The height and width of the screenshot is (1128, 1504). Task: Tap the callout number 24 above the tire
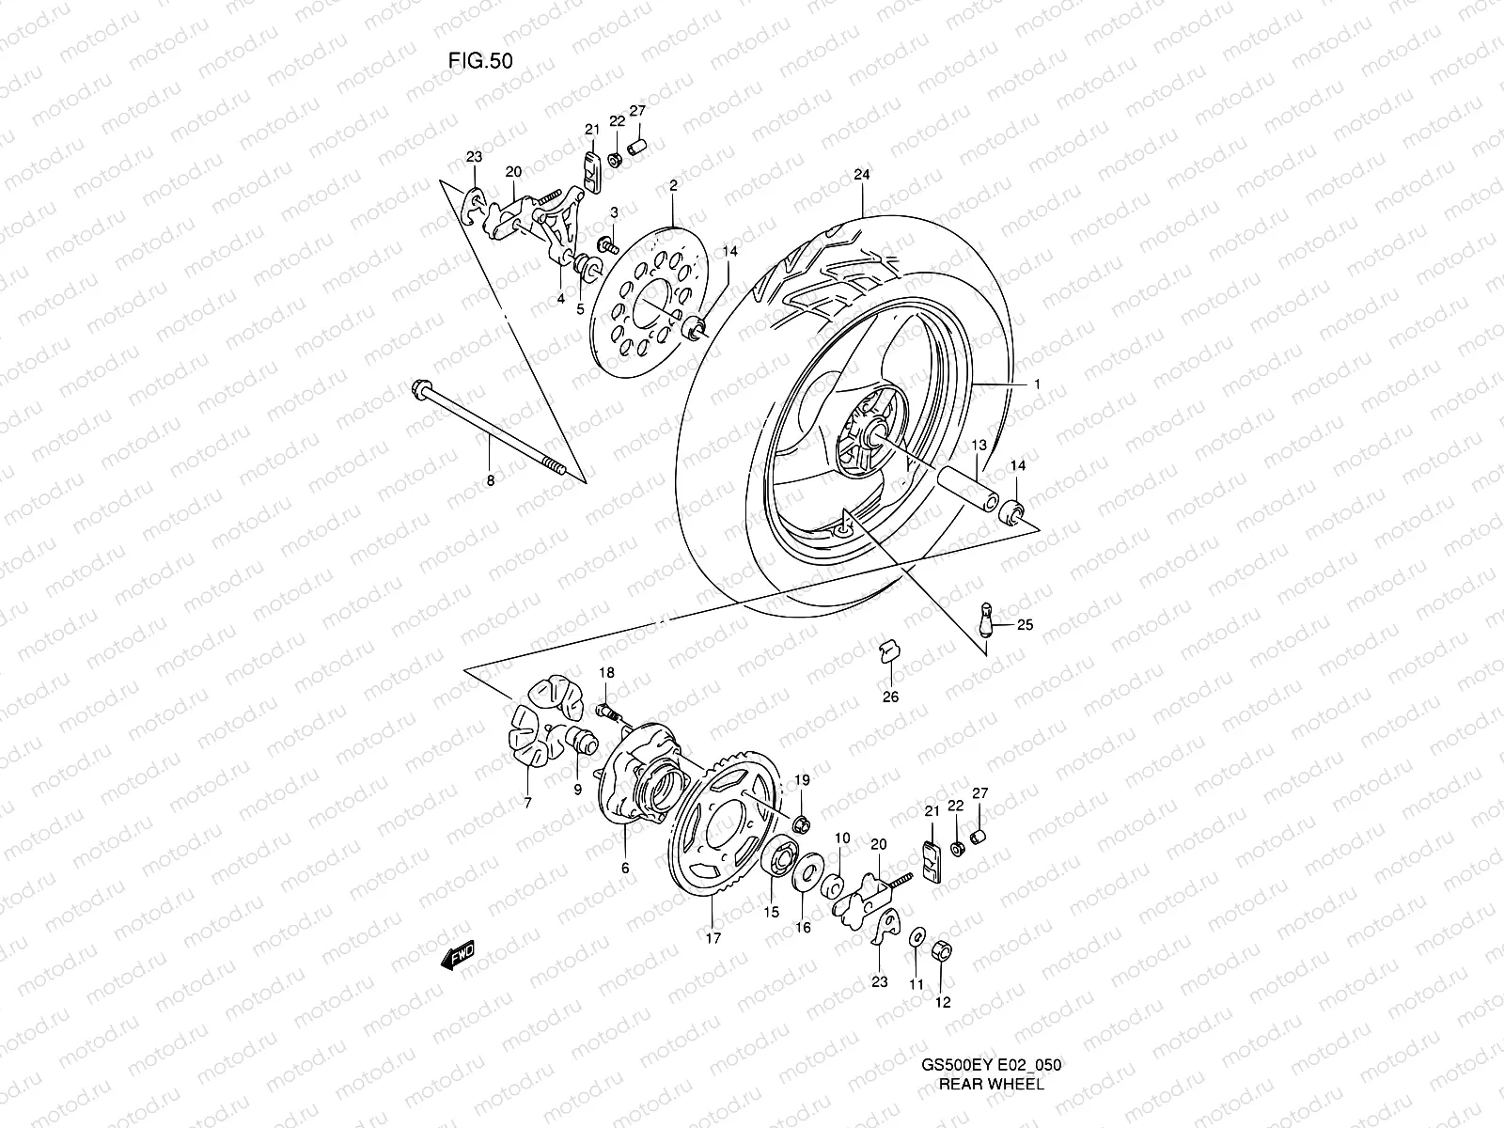[x=862, y=175]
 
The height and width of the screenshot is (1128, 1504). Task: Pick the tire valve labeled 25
[x=987, y=621]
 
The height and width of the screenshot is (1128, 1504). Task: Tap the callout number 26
[x=890, y=697]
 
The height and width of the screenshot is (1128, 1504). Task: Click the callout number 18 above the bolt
[x=606, y=672]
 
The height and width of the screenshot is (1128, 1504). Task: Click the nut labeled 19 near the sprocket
[x=802, y=825]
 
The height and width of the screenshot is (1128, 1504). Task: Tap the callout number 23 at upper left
[x=474, y=157]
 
